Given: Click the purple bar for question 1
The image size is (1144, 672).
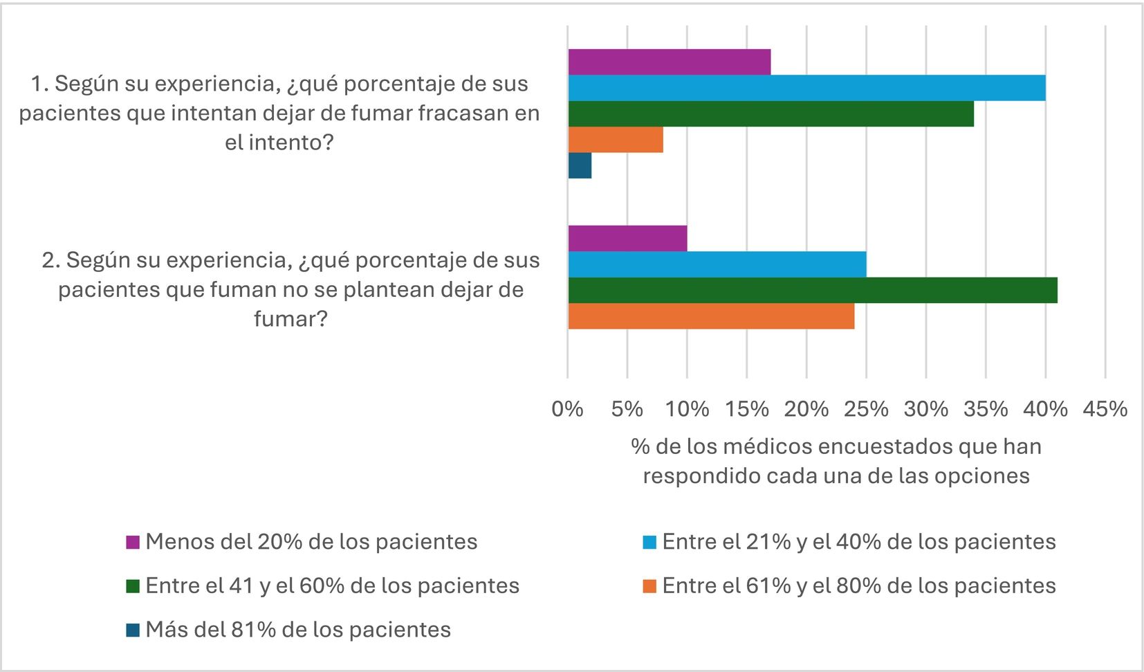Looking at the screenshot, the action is [x=670, y=62].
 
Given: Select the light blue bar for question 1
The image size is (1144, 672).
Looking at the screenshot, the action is [x=807, y=88].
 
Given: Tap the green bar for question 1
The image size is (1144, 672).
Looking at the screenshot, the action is [x=771, y=113].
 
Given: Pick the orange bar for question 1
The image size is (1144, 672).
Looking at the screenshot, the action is [x=616, y=140].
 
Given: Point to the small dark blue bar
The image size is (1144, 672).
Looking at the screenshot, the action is [x=580, y=165].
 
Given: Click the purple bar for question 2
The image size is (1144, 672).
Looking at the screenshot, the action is [x=627, y=239].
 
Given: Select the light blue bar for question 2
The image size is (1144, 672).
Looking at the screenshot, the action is [x=717, y=264].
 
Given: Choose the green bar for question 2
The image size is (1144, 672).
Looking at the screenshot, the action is [x=813, y=290].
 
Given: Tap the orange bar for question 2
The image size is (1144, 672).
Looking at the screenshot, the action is [x=712, y=316].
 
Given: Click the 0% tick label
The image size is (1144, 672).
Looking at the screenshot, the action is [x=567, y=409].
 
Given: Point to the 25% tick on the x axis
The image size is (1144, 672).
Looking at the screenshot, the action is [x=866, y=409].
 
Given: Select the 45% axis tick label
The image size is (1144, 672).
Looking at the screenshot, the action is [x=1105, y=409].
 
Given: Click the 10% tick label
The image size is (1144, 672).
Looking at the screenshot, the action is [x=687, y=409].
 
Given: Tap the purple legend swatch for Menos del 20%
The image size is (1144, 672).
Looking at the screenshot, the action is [x=133, y=542].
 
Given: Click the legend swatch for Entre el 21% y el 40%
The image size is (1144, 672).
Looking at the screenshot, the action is [x=649, y=542].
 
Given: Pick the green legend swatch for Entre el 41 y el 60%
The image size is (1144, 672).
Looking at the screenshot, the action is [x=133, y=586].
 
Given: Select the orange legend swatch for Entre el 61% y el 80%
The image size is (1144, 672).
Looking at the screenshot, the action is [x=649, y=586].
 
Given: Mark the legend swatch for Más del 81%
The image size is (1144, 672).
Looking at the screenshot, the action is [x=133, y=630].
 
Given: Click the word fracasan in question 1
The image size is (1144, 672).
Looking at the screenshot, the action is [x=463, y=113].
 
